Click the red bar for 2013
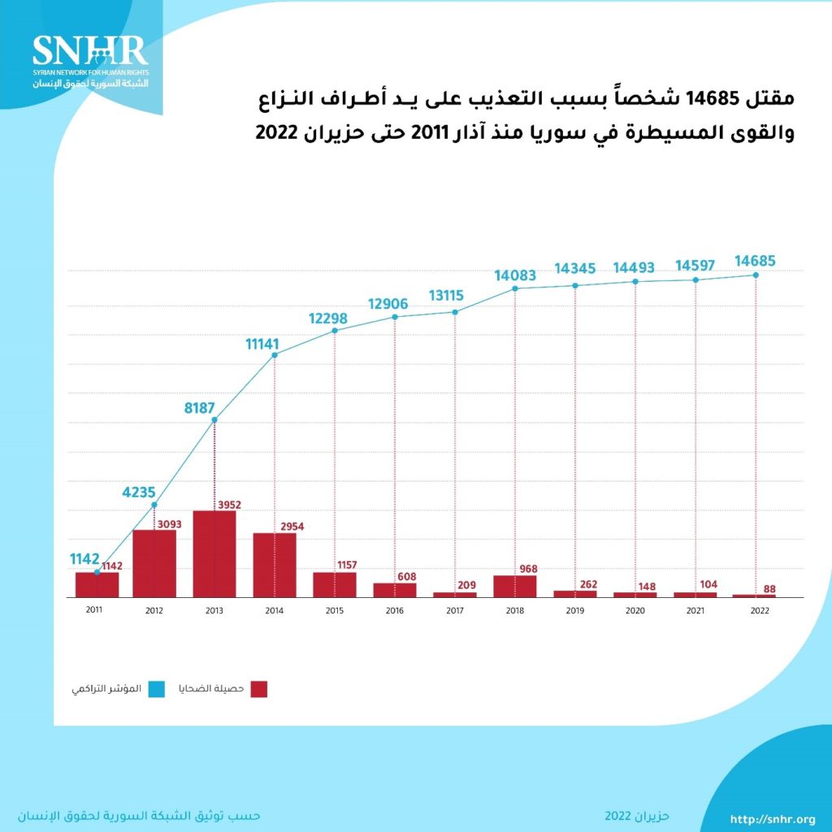(x=214, y=554)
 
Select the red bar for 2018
(x=515, y=587)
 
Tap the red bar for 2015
(x=335, y=585)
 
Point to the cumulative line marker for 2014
(x=275, y=355)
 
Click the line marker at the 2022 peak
(x=756, y=275)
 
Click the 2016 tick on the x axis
(x=395, y=609)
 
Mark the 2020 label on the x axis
(x=635, y=609)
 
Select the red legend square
(x=259, y=689)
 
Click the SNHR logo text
(x=90, y=50)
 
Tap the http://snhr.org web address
(x=773, y=818)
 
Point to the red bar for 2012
(x=154, y=564)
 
